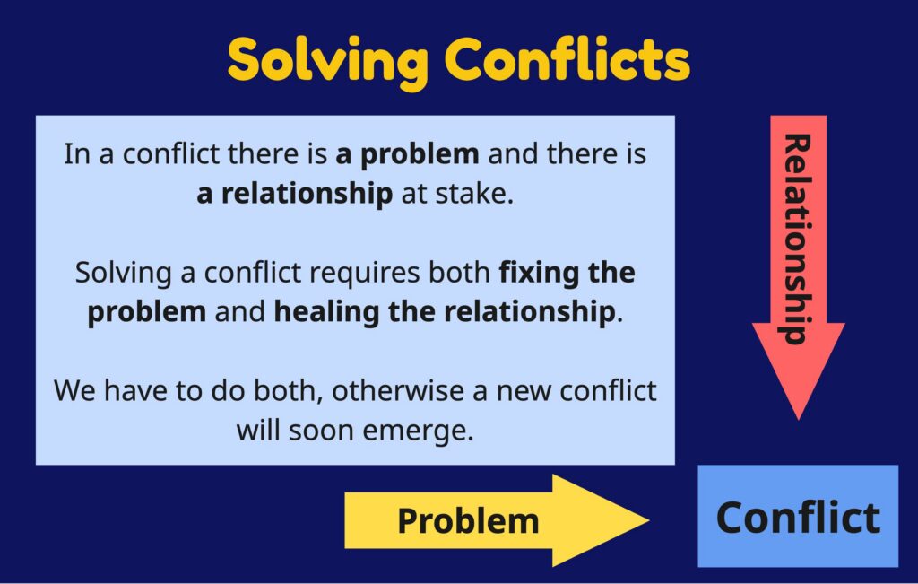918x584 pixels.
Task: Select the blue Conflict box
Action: click(x=798, y=516)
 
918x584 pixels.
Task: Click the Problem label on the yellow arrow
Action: click(x=468, y=520)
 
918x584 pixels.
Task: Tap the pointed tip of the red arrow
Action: click(x=799, y=420)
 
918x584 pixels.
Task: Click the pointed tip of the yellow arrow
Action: click(x=648, y=520)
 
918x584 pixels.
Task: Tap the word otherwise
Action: click(x=401, y=391)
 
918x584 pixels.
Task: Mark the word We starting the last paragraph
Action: click(x=74, y=391)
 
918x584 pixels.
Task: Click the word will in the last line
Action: click(x=258, y=431)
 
